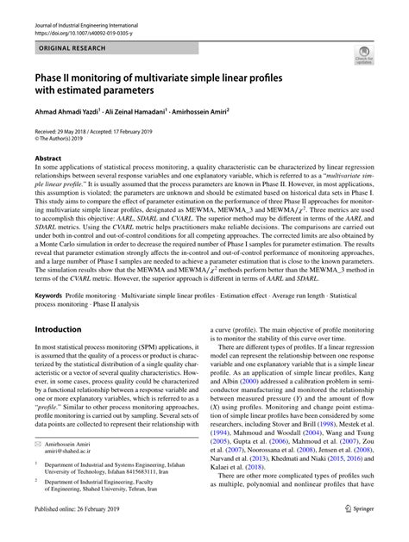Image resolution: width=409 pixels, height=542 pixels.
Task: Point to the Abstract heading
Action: click(48, 159)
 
